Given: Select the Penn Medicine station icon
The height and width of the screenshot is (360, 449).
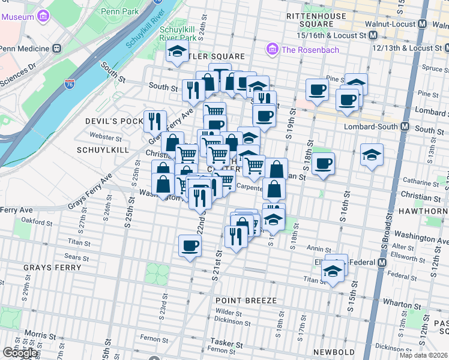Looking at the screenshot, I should [x=56, y=48].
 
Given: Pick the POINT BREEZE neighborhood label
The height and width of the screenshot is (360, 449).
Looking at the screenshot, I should [x=247, y=300].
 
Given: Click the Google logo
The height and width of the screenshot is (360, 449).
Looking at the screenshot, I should [x=20, y=353].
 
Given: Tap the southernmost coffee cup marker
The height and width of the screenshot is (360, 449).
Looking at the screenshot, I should [x=190, y=245].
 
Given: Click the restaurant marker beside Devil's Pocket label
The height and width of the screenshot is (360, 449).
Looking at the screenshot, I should [x=155, y=121].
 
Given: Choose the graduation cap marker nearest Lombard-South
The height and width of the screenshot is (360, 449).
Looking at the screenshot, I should [x=372, y=155].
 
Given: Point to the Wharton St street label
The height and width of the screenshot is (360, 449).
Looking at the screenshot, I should [x=409, y=295].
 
